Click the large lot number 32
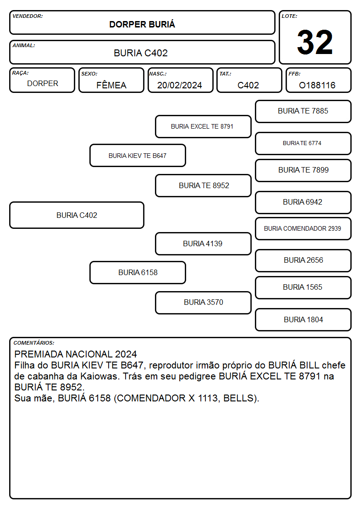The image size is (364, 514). [x=315, y=42]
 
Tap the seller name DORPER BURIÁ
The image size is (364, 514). [x=142, y=24]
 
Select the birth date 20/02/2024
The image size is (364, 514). [x=180, y=85]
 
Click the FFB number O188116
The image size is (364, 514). [x=317, y=85]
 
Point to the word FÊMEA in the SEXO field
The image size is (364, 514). [x=111, y=85]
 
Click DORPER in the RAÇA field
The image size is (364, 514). [x=43, y=84]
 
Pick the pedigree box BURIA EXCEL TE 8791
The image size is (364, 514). [x=203, y=126]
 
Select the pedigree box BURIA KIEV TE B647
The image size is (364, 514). [x=138, y=155]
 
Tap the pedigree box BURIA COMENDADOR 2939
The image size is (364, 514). [x=303, y=228]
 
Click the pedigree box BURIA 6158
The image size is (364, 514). [x=138, y=272]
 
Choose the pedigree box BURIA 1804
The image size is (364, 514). [x=303, y=319]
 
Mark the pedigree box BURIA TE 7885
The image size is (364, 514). [x=303, y=111]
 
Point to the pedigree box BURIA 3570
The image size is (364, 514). [x=203, y=303]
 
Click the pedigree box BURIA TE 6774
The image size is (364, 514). [x=303, y=143]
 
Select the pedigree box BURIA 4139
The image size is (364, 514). [x=203, y=243]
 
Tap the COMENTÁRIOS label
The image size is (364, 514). [x=34, y=343]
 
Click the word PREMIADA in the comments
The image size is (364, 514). [x=39, y=354]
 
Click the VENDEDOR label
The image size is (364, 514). [x=28, y=16]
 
